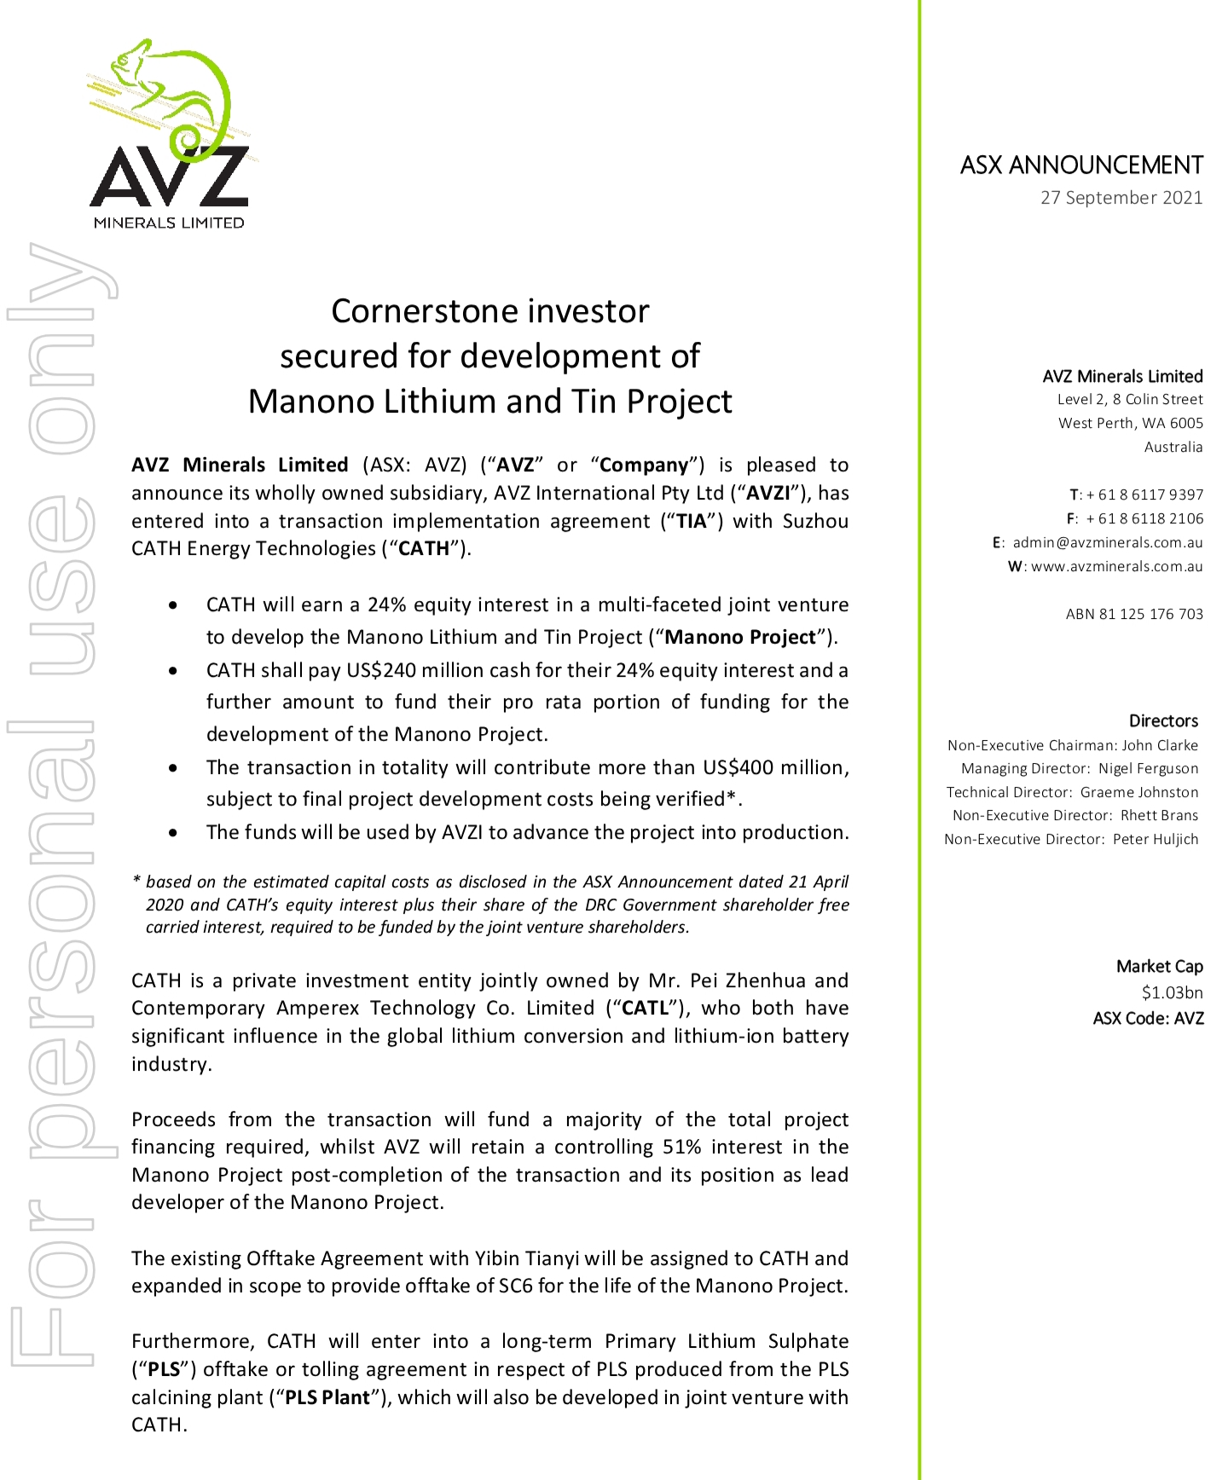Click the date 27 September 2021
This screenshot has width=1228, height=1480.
tap(1121, 198)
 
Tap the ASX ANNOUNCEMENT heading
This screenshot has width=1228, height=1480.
tap(1081, 165)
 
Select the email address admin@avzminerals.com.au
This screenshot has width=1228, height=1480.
tap(1107, 542)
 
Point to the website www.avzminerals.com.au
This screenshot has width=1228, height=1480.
tap(1116, 566)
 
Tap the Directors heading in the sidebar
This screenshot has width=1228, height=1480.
tap(1163, 720)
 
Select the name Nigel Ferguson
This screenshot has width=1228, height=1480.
tap(1148, 768)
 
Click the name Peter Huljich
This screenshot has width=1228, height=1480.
tap(1155, 839)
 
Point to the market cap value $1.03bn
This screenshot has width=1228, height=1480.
tap(1172, 992)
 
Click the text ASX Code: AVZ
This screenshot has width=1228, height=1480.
tap(1148, 1018)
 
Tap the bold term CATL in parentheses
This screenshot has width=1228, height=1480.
tap(646, 1008)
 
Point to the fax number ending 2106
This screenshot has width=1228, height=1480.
tap(1144, 518)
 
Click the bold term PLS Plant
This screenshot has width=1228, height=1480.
tap(327, 1397)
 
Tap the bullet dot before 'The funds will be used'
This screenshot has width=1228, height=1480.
tap(174, 832)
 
